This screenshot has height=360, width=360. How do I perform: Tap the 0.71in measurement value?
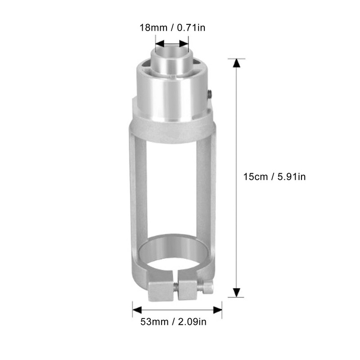[x=190, y=28]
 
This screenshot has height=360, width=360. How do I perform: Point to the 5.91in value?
[x=289, y=177]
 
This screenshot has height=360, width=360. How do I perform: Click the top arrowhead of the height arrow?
[x=235, y=63]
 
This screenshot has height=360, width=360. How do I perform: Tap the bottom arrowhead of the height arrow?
[x=235, y=293]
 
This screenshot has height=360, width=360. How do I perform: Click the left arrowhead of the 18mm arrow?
[x=159, y=44]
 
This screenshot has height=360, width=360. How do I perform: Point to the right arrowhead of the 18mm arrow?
[x=184, y=44]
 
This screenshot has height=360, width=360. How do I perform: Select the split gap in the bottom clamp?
[x=175, y=290]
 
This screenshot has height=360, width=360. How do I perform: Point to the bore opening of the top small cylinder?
[x=171, y=53]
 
